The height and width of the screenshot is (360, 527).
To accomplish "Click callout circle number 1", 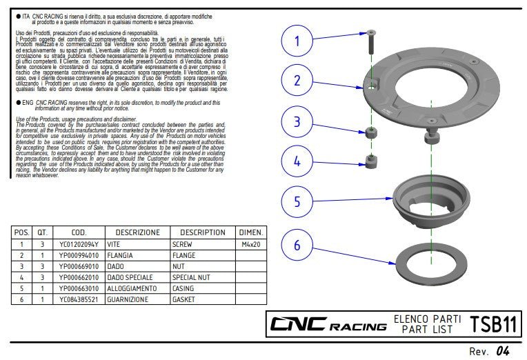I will (298, 41).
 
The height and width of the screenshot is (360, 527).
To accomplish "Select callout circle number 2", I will (298, 81).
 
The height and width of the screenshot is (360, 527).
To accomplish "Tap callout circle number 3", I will (298, 122).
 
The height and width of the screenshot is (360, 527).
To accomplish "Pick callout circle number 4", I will (298, 161).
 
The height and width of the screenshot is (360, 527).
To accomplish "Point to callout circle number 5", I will (298, 201).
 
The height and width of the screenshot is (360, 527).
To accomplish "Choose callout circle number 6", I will (298, 246).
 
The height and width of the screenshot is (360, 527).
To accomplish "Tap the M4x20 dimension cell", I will (250, 244).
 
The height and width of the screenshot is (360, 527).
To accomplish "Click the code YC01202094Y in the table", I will (79, 244).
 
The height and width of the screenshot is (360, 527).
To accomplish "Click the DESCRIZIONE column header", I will (137, 232).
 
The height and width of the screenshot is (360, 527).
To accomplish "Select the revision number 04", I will (504, 351).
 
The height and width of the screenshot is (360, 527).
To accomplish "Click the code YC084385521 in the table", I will (79, 299).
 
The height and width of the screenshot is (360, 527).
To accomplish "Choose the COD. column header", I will (79, 232).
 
